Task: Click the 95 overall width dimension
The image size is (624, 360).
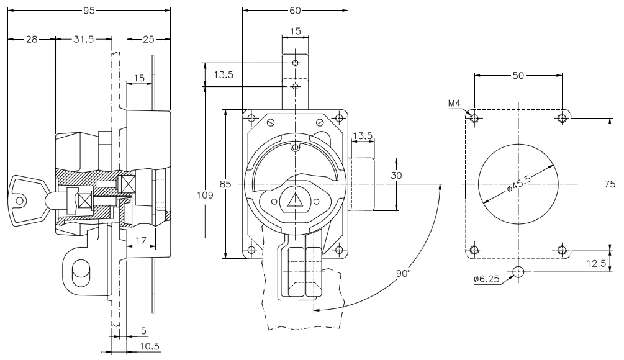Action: coord(89,10)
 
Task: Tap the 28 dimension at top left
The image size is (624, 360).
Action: coord(31,39)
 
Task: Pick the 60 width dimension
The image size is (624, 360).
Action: coord(295,10)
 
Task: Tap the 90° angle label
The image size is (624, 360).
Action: coord(404,274)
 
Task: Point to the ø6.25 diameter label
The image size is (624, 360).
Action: coord(486,279)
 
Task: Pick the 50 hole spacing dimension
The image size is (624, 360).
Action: coord(518,75)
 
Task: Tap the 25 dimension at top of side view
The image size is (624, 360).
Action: coord(149,39)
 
